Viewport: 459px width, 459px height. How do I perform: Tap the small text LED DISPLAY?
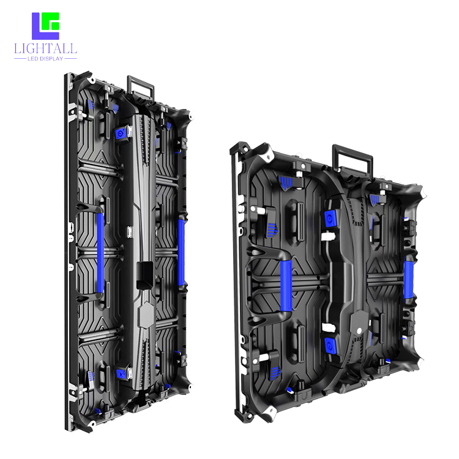click(x=46, y=59)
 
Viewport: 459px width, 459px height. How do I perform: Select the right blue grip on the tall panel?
click(x=181, y=252)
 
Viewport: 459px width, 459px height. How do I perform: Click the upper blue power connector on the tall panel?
click(x=121, y=133)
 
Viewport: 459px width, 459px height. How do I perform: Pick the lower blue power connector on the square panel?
click(x=331, y=342)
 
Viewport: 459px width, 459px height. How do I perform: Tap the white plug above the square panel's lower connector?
click(x=330, y=328)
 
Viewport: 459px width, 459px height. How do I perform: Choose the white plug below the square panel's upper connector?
click(x=331, y=235)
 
